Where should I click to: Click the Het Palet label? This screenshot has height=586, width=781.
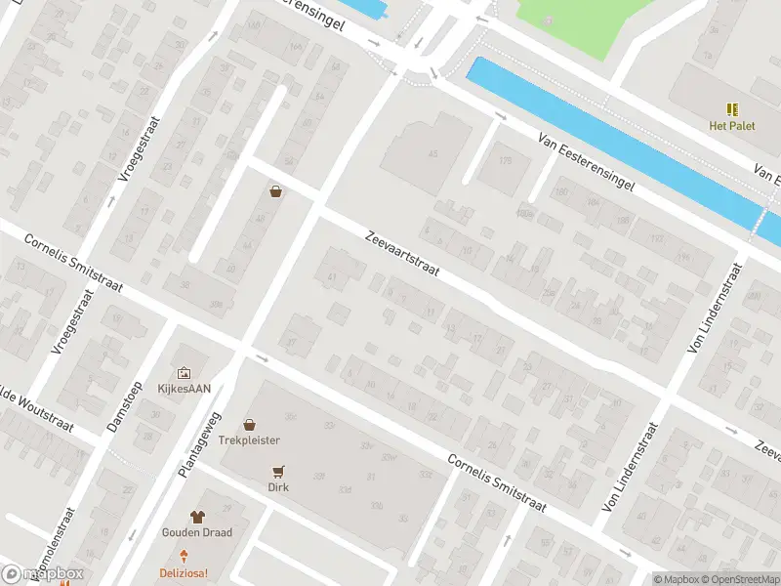coord(731,125)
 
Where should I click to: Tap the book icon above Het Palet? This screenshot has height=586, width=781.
coord(731,109)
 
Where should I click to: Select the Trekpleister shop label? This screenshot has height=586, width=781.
coord(249,440)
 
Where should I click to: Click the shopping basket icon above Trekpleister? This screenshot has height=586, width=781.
coord(249,425)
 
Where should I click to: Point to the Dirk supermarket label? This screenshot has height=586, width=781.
coord(279,485)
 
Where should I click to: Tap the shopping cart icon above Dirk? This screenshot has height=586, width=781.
coord(279,470)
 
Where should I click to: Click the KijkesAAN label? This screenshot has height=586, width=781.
coord(184,388)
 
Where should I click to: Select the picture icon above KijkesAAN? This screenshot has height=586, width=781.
coord(184,372)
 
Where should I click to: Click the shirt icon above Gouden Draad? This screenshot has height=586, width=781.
coord(197,517)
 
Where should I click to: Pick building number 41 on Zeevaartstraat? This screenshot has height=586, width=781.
coord(332,277)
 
